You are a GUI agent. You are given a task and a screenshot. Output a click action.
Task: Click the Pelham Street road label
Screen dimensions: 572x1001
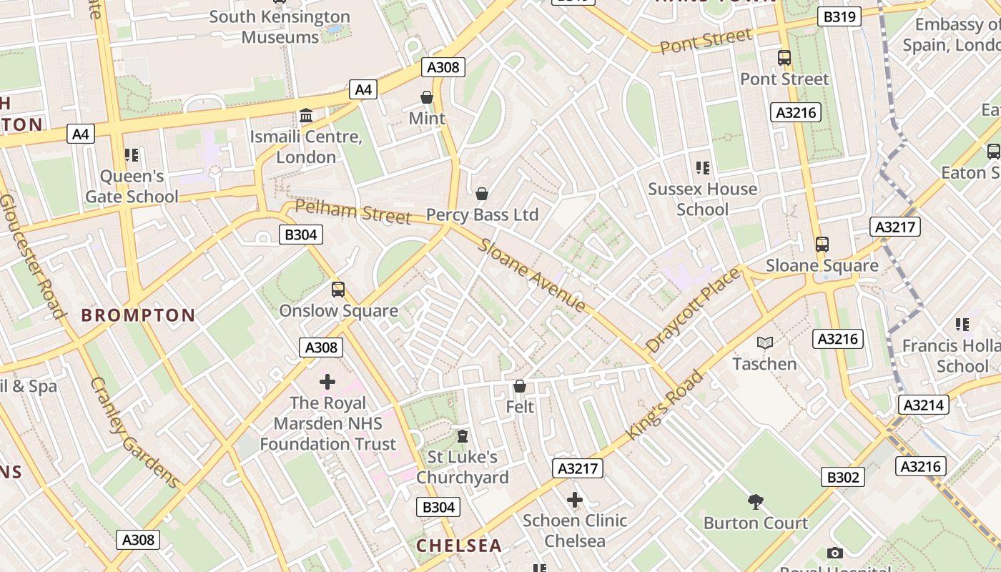pyautogui.click(x=352, y=212)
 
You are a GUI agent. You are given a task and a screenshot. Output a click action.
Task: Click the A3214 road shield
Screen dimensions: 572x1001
pyautogui.click(x=924, y=405)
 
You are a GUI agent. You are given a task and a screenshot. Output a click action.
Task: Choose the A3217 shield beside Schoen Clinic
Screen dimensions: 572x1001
pyautogui.click(x=577, y=468)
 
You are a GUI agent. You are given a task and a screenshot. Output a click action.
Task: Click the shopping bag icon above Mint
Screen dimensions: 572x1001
pyautogui.click(x=427, y=97)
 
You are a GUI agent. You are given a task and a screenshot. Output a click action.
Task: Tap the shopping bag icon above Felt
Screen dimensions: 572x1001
pyautogui.click(x=520, y=386)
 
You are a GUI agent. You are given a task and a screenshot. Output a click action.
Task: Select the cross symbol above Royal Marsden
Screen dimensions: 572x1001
pyautogui.click(x=327, y=382)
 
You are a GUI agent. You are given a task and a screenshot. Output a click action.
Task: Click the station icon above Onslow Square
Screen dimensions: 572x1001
pyautogui.click(x=338, y=290)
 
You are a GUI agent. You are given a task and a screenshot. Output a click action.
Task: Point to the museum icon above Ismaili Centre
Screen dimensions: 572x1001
pyautogui.click(x=306, y=115)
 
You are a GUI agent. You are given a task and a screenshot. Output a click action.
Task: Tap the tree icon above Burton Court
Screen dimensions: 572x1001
pyautogui.click(x=755, y=502)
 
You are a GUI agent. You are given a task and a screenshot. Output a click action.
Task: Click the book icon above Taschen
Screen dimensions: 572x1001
pyautogui.click(x=765, y=343)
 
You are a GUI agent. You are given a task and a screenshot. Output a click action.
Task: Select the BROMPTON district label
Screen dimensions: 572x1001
pyautogui.click(x=138, y=315)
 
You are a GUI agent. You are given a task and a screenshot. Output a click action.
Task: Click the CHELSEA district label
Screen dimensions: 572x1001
pyautogui.click(x=459, y=546)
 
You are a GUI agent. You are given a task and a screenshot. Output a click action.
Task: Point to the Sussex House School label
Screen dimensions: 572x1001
pyautogui.click(x=702, y=199)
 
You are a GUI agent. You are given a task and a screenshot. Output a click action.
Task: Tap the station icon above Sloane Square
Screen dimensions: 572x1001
pyautogui.click(x=822, y=245)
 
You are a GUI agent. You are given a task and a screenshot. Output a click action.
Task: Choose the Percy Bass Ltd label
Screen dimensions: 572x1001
pyautogui.click(x=482, y=215)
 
